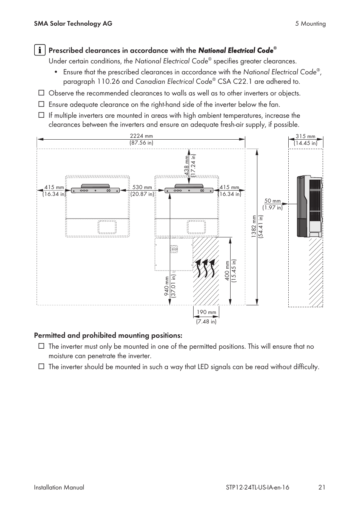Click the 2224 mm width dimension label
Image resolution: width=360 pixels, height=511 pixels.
[x=141, y=139]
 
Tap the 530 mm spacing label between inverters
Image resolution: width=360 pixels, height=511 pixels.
[x=142, y=191]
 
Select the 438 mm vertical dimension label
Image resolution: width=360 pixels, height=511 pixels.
[x=190, y=166]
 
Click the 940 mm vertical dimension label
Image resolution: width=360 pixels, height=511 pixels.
[x=170, y=287]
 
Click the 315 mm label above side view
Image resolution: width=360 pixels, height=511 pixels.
[x=305, y=140]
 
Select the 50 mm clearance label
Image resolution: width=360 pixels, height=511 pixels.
[x=272, y=204]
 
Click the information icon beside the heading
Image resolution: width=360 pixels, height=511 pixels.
[x=40, y=50]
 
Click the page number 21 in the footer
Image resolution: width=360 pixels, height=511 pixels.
[x=322, y=487]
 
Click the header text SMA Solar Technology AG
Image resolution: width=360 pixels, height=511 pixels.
[x=73, y=23]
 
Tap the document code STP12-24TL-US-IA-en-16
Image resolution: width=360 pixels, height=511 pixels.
[x=255, y=487]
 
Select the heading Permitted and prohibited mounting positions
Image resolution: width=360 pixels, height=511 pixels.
[x=108, y=336]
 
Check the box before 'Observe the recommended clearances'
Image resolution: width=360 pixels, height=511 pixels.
[x=41, y=93]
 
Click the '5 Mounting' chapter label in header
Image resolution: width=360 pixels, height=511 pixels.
[x=310, y=24]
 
